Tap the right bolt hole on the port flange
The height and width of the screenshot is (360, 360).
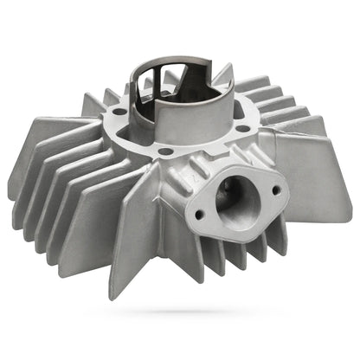[x=276, y=190]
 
